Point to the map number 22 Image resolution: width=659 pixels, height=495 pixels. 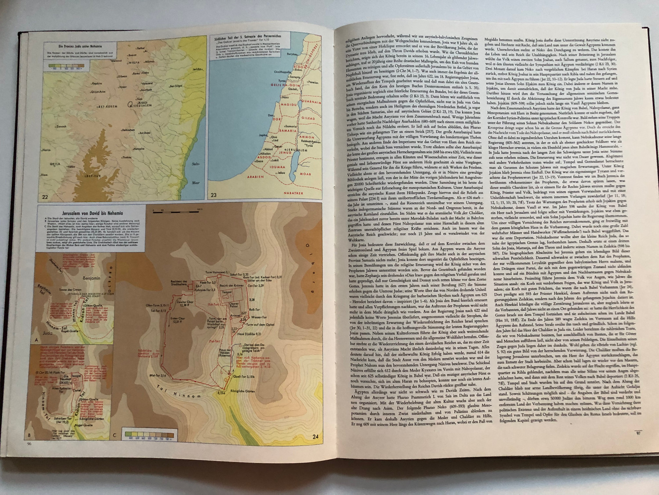pos(45,196)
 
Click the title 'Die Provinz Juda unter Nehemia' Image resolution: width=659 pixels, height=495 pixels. pos(80,46)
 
